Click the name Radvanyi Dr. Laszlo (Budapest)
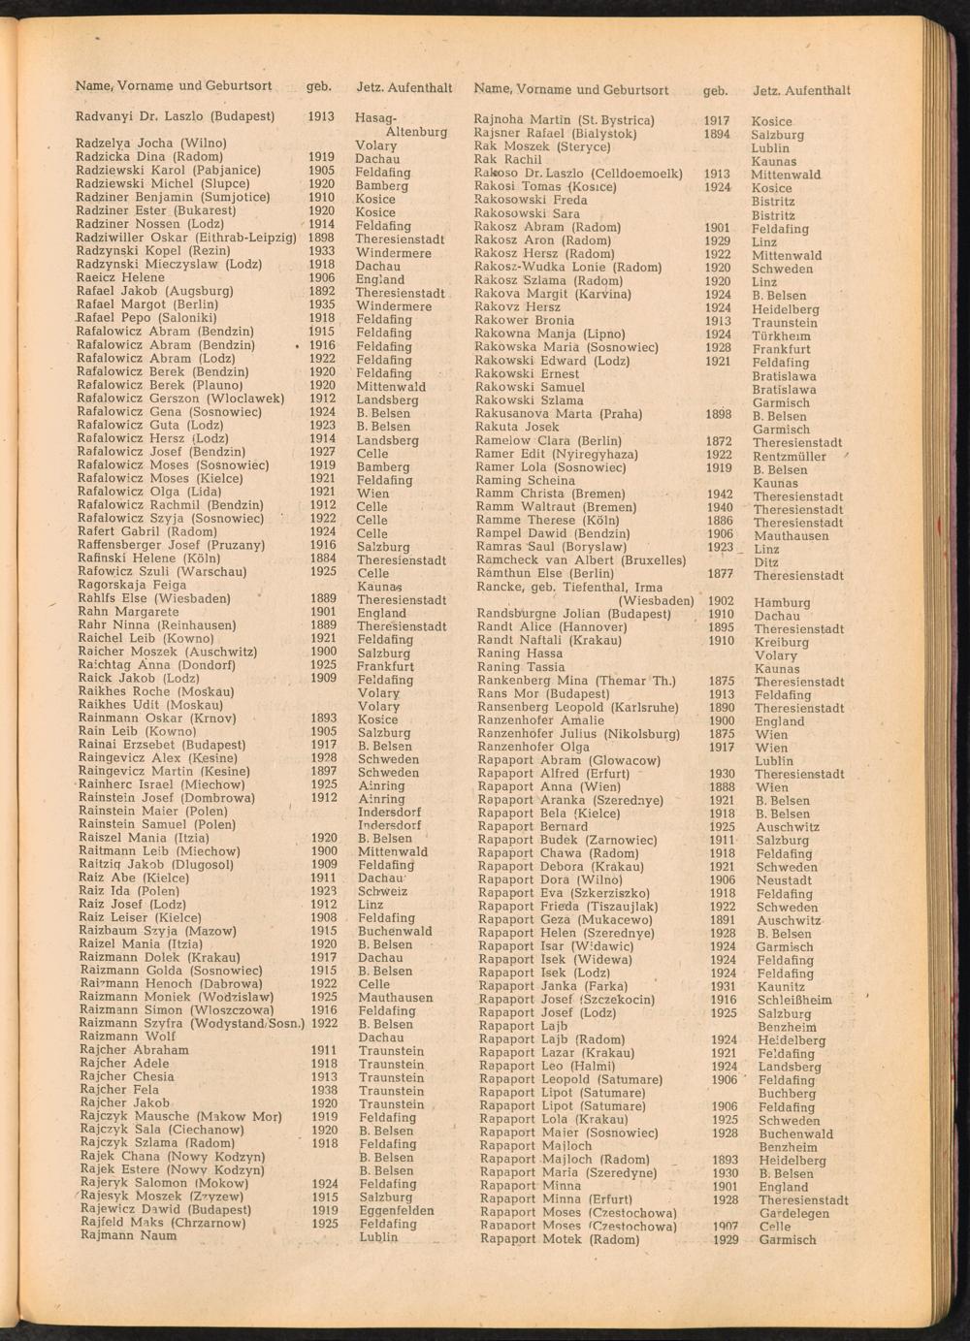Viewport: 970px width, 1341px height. pos(175,116)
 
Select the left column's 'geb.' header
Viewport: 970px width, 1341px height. pos(318,86)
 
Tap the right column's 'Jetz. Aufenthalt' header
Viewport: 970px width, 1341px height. pos(801,90)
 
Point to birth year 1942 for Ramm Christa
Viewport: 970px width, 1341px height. pos(719,495)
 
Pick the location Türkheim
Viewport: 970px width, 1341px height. pos(781,336)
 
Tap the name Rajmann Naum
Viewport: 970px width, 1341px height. pos(128,1236)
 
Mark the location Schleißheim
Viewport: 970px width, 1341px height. pos(793,1001)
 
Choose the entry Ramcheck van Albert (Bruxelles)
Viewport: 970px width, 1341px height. pos(580,560)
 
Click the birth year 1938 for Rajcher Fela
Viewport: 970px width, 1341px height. pos(324,1090)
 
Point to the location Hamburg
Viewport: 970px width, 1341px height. pos(781,602)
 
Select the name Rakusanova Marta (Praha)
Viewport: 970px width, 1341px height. pos(558,414)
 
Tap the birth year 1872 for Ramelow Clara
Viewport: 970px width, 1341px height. pos(719,441)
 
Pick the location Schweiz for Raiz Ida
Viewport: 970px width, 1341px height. pos(382,892)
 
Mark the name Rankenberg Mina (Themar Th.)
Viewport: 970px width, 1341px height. pos(576,681)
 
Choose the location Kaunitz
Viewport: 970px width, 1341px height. pos(782,987)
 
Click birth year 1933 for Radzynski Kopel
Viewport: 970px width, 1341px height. pos(321,251)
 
